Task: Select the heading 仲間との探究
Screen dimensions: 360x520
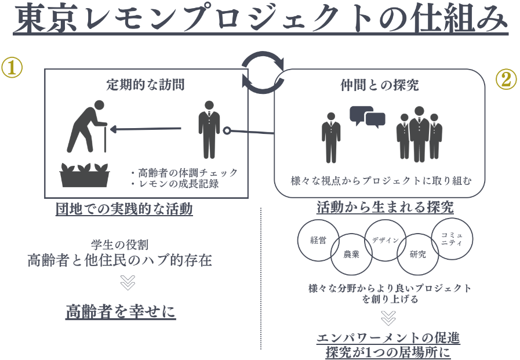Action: (379, 86)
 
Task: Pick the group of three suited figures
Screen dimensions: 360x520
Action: (419, 133)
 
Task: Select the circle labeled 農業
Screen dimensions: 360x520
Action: (351, 254)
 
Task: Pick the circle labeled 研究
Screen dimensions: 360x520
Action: (417, 254)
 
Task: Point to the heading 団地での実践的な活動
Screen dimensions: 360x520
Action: (124, 209)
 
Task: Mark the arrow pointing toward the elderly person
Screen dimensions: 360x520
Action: (146, 129)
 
